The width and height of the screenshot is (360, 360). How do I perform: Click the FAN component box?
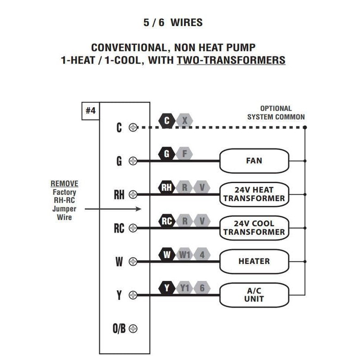click(254, 161)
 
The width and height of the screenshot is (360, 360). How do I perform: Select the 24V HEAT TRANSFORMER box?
click(254, 194)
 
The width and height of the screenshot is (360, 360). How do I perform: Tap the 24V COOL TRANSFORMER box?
click(254, 228)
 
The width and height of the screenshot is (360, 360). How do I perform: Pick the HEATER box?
click(254, 261)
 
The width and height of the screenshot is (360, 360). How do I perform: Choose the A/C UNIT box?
click(254, 295)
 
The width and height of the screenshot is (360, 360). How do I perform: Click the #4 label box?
click(90, 111)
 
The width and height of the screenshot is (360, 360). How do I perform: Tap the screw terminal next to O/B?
click(133, 328)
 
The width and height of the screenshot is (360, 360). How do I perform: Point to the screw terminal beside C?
click(133, 127)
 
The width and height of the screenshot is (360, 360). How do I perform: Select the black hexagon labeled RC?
click(167, 221)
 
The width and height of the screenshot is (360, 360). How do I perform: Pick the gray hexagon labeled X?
click(184, 121)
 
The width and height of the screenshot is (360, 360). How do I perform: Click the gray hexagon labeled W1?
click(184, 255)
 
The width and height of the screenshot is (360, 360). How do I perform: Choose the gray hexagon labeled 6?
click(202, 288)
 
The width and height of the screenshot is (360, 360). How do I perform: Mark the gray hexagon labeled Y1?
click(184, 288)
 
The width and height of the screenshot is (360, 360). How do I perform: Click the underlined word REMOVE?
click(64, 184)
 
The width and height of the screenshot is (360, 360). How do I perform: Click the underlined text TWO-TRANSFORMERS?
click(231, 60)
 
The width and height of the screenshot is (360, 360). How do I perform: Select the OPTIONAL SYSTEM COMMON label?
click(275, 112)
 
